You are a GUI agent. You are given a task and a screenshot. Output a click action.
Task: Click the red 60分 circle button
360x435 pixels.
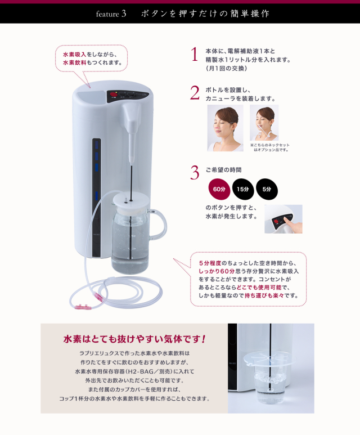(x=219, y=189)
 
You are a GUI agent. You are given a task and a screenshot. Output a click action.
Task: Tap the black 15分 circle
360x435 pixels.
(x=242, y=189)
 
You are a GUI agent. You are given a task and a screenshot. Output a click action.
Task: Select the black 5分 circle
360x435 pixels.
(x=267, y=189)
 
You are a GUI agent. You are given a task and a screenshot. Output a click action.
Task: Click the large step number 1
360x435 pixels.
(x=195, y=55)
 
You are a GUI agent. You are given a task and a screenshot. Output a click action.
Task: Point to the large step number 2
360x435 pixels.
(x=195, y=93)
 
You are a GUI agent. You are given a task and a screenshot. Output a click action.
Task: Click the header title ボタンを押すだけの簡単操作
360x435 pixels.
(x=205, y=14)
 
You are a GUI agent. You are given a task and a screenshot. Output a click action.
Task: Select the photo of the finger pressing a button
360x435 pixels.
(x=283, y=219)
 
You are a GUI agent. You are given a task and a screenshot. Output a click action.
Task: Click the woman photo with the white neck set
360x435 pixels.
(x=264, y=123)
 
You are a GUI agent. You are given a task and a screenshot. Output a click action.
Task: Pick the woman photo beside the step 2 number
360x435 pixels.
(x=225, y=128)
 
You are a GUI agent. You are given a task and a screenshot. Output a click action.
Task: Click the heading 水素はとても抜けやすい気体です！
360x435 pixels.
(x=134, y=339)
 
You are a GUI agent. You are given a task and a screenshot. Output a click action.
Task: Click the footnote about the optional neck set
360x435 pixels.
(x=271, y=147)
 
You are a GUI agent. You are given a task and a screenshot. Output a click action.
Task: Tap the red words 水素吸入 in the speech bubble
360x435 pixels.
(x=74, y=54)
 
